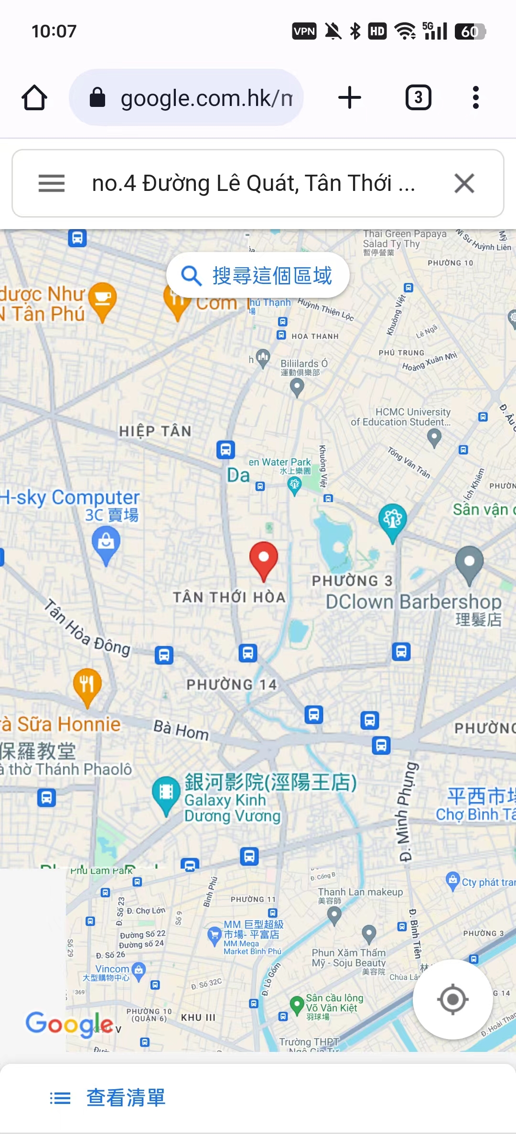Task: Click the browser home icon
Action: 34,98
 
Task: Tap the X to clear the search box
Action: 464,183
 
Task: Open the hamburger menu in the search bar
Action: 52,183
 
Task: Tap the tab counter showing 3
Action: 418,98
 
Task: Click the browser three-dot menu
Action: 475,98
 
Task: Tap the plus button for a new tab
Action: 350,98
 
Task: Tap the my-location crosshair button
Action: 452,999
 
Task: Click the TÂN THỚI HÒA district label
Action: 229,597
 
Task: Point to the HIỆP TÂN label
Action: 155,431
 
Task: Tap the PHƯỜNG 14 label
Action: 232,684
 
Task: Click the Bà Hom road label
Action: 181,729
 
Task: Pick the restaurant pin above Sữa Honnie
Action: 87,686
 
